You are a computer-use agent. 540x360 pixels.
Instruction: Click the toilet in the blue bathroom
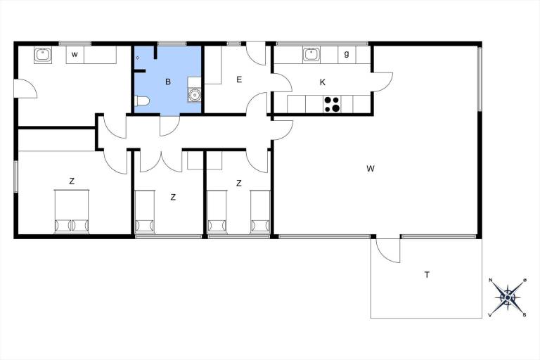(x=142, y=101)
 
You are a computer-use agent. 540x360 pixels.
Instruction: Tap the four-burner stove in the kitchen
(x=333, y=104)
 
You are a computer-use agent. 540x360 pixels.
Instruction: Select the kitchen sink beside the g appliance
(x=311, y=54)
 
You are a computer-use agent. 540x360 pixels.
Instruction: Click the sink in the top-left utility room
(x=43, y=55)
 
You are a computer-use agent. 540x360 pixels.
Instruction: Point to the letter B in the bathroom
(x=168, y=82)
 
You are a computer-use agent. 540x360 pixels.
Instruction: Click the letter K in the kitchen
(x=323, y=82)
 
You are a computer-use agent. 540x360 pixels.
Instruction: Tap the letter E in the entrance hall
(x=239, y=79)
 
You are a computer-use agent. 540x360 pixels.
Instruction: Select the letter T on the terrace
(x=427, y=274)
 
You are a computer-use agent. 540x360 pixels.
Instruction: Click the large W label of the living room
(x=371, y=169)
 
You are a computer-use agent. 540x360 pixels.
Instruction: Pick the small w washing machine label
(x=75, y=54)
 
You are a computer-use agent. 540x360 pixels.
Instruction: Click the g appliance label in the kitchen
(x=347, y=54)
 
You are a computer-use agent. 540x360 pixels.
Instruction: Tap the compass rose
(x=507, y=297)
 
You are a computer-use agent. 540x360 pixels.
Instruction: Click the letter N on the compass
(x=490, y=280)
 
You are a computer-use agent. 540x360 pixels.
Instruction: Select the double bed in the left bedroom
(x=72, y=212)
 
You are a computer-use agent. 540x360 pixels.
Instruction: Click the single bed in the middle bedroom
(x=145, y=212)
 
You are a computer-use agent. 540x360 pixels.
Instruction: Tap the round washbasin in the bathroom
(x=195, y=94)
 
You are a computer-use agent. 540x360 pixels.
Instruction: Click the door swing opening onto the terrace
(x=388, y=250)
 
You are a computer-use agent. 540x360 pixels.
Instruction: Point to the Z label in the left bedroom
(x=72, y=181)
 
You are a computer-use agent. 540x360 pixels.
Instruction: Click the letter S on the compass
(x=525, y=314)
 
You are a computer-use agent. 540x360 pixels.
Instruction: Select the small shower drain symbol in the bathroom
(x=137, y=58)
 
